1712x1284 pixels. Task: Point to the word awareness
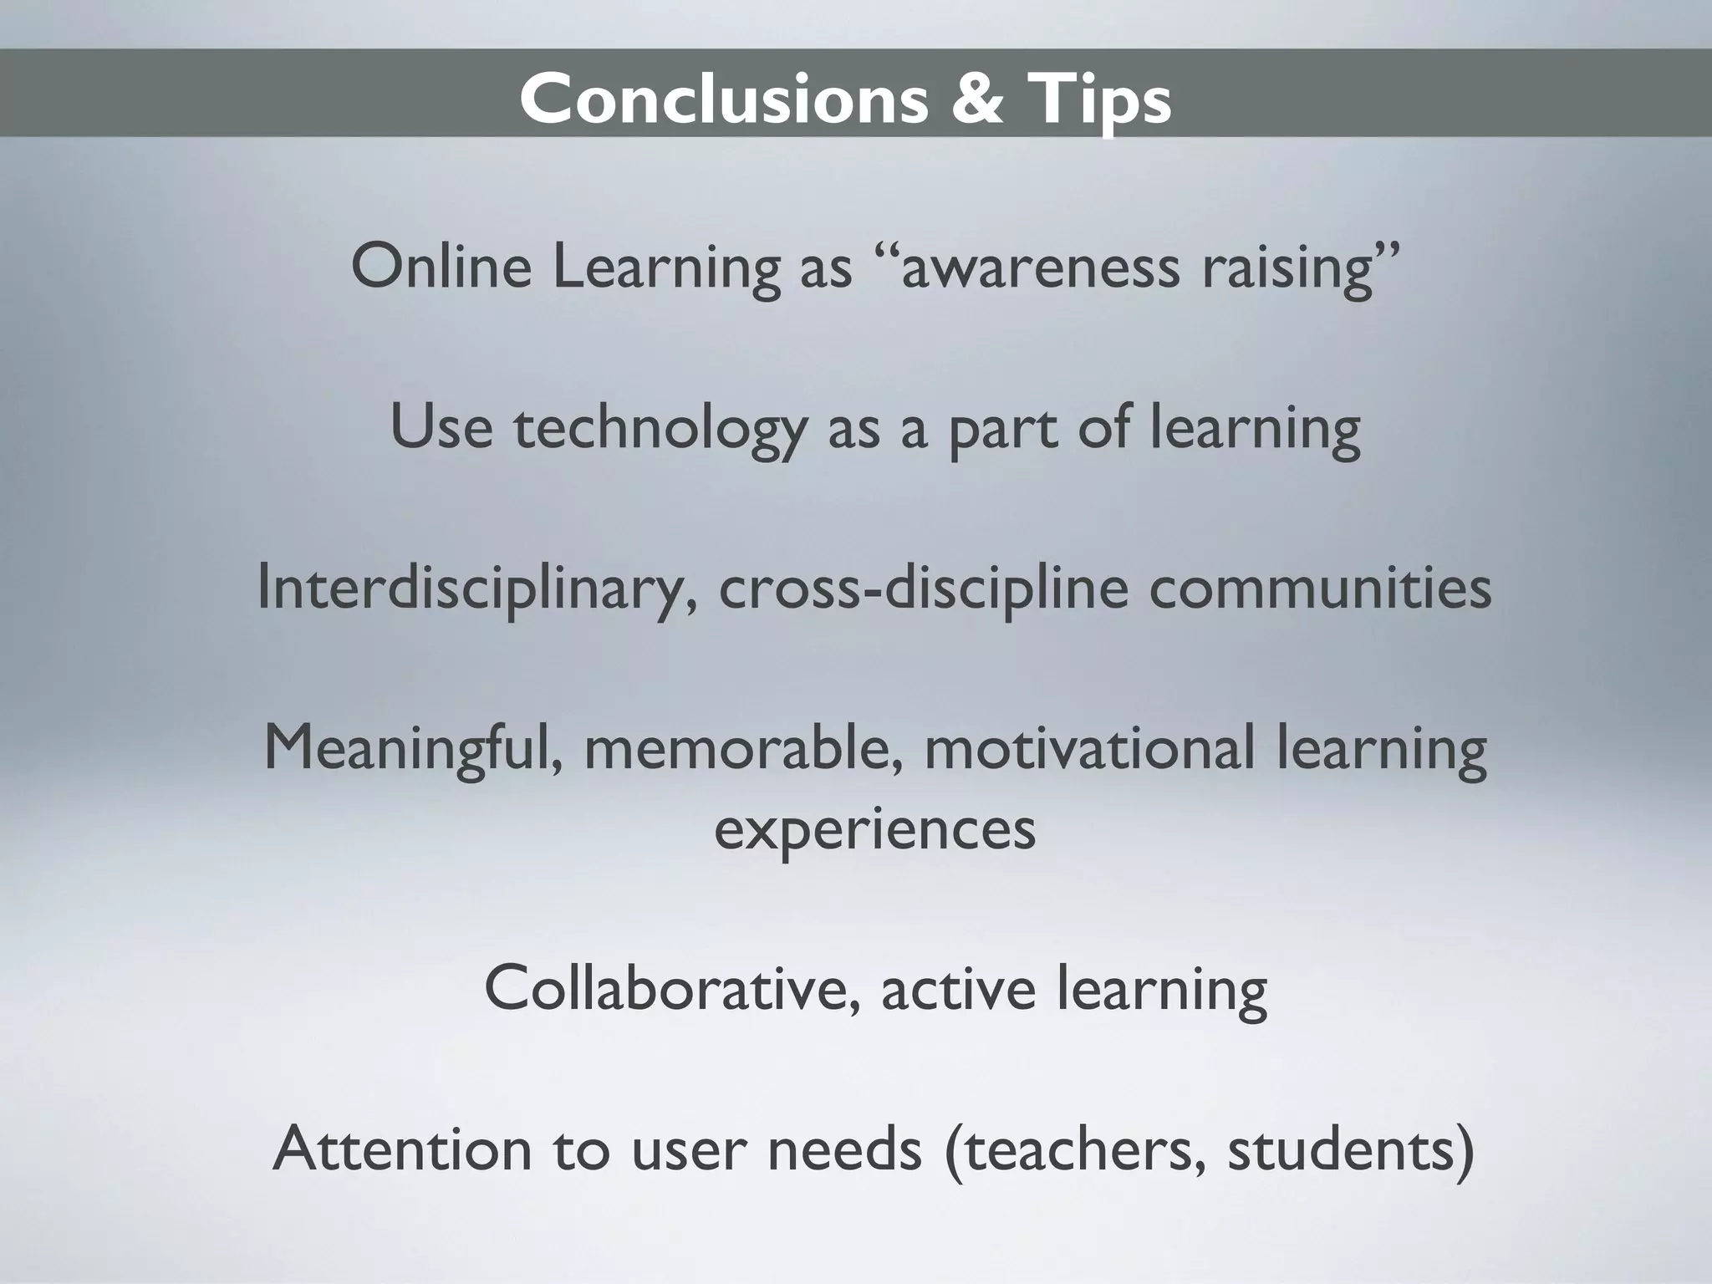coord(1042,267)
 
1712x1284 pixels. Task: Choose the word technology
coord(660,429)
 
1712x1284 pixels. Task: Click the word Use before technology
coord(441,427)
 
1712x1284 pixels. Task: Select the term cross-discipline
coord(923,589)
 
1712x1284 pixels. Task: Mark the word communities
coord(1320,588)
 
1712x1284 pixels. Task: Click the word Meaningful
coord(412,750)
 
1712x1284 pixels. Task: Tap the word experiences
coord(875,830)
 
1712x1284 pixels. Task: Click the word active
coord(959,989)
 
